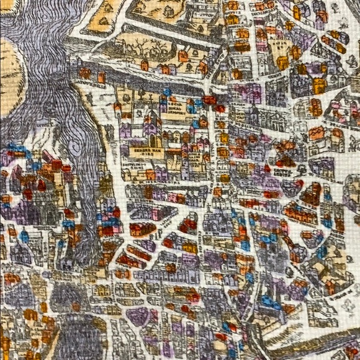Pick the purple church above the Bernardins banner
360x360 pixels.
tap(151, 127)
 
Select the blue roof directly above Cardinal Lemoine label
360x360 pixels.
tap(166, 92)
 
